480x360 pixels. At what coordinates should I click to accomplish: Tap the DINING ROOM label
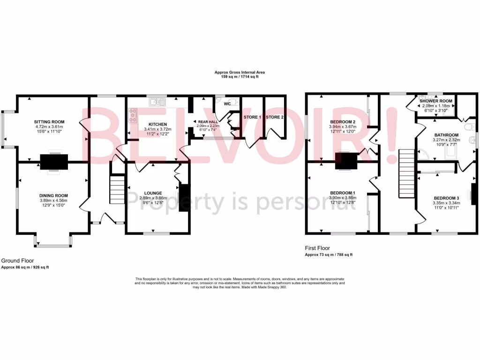click(x=53, y=195)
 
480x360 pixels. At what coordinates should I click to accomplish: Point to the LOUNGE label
click(x=153, y=193)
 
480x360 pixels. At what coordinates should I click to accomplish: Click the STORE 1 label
click(x=253, y=117)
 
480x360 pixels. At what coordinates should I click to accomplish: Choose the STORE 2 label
click(x=275, y=117)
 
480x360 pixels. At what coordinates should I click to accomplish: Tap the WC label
click(x=227, y=104)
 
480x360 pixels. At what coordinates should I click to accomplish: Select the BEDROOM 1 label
click(x=343, y=193)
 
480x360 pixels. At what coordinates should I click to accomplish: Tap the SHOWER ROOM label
click(x=436, y=101)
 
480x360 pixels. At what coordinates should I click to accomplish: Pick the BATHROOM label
click(x=446, y=135)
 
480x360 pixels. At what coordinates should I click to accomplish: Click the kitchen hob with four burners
click(x=133, y=115)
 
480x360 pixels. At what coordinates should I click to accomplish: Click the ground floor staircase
click(x=117, y=189)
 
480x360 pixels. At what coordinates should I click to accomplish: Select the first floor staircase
click(x=406, y=174)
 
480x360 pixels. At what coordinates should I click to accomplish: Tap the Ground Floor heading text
click(x=17, y=261)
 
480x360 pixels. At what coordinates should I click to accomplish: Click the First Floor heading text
click(x=317, y=248)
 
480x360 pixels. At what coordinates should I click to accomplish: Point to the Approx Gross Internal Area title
click(x=240, y=72)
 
